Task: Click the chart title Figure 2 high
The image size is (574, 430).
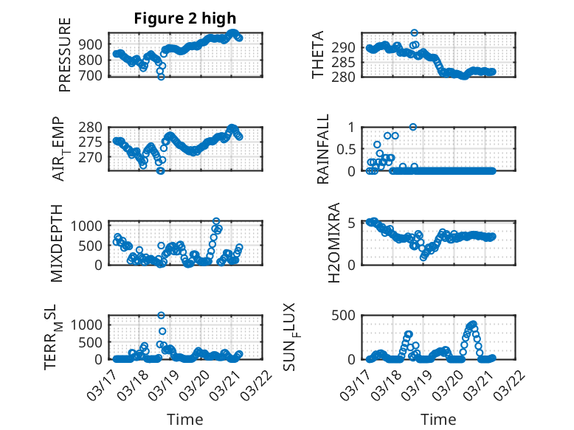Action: click(x=185, y=18)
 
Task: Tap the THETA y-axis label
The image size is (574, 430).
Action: click(x=318, y=55)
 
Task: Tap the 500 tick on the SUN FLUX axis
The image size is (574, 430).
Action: click(x=349, y=315)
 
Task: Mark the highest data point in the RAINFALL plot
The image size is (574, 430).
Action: click(x=413, y=127)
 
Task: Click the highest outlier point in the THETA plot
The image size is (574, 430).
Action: click(x=415, y=32)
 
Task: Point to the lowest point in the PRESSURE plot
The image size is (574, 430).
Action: click(x=161, y=76)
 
